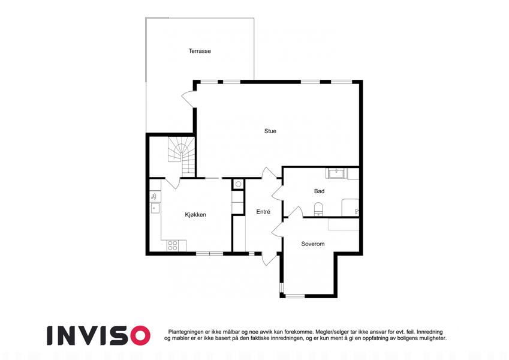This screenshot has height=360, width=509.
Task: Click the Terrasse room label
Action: click(200, 51)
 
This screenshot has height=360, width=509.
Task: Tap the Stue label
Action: click(270, 131)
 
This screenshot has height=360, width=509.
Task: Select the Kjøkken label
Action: click(195, 215)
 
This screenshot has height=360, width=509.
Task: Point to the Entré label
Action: click(263, 212)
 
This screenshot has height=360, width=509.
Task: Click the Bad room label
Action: click(319, 191)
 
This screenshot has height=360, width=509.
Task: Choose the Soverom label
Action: click(312, 244)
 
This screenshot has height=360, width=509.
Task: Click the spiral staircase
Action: click(181, 156)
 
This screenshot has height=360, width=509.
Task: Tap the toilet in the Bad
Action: click(318, 209)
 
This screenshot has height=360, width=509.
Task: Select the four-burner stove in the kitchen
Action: click(173, 245)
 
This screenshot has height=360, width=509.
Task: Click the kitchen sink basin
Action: click(155, 208)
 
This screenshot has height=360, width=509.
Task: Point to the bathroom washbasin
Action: click(336, 173)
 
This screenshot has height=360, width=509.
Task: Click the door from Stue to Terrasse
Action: click(189, 99)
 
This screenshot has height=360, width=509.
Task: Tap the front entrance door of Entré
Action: click(269, 259)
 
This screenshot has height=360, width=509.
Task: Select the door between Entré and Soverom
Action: click(278, 229)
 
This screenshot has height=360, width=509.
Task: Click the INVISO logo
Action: click(99, 335)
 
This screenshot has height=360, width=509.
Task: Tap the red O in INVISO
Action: click(140, 335)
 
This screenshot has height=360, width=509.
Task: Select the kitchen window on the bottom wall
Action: click(209, 253)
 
